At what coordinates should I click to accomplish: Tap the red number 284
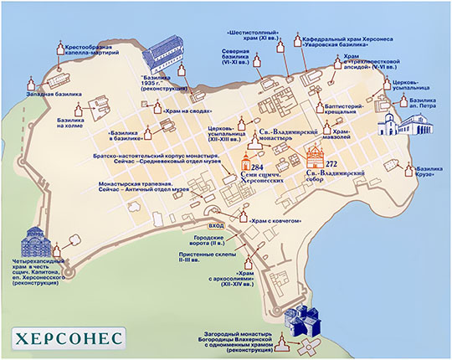pyautogui.click(x=270, y=167)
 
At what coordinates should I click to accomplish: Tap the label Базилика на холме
pyautogui.click(x=74, y=123)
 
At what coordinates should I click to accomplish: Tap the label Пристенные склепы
pyautogui.click(x=205, y=259)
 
